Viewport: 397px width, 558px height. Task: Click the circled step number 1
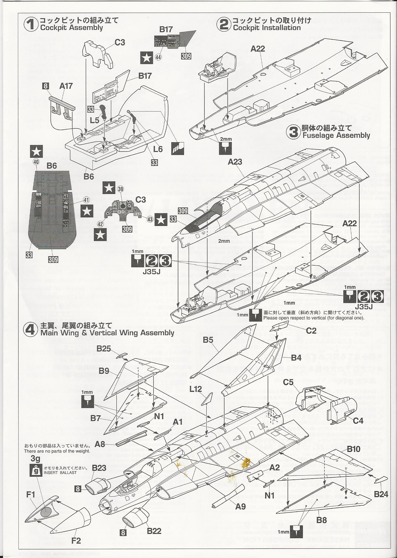pos(31,25)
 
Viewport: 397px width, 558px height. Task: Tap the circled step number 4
pos(31,329)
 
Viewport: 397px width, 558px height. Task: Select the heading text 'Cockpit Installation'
pos(267,28)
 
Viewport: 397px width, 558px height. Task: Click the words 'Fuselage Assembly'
pos(336,135)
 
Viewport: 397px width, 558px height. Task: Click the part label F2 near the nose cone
pos(76,541)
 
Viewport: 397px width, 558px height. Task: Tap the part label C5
pos(288,382)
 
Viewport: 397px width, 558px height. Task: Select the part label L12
pos(196,389)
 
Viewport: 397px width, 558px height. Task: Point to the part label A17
pos(66,86)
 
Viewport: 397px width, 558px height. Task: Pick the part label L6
pos(158,149)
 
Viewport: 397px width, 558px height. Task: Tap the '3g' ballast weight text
pos(35,459)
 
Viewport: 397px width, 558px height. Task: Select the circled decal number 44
pos(158,57)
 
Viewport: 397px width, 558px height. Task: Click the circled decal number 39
pos(121,189)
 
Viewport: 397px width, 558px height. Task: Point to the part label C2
pos(311,330)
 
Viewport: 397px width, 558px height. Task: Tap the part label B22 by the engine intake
pos(154,531)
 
